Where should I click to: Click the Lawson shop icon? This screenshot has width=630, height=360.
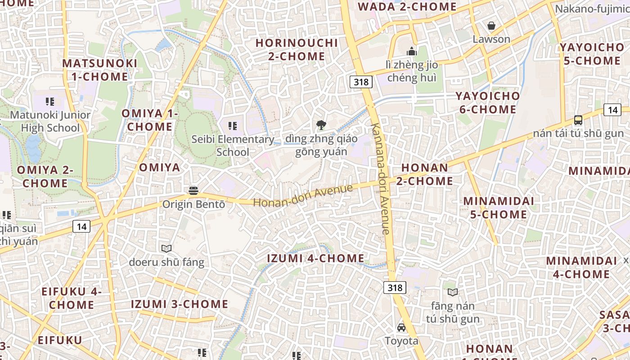point(491,26)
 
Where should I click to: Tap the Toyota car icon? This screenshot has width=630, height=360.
point(401,328)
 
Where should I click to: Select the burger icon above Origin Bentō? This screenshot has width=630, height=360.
point(193,190)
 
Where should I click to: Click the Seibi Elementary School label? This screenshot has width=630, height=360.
point(233,145)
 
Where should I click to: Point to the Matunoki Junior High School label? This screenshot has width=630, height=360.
point(50,121)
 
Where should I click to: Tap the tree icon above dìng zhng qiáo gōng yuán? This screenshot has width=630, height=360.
point(321,125)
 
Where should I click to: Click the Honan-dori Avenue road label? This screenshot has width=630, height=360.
point(303,195)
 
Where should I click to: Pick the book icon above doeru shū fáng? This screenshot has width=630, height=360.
point(166,248)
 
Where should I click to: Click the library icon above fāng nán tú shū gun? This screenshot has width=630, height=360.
point(453,292)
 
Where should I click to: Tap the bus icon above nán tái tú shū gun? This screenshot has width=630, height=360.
point(578,120)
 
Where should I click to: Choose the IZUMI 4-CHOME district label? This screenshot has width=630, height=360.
point(315,258)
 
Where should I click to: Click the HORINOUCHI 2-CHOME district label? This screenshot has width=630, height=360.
point(297,49)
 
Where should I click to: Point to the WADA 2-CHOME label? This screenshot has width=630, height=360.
point(407,7)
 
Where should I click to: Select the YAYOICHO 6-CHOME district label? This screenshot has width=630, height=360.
point(487,103)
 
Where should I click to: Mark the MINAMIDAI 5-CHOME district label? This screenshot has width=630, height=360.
point(499,207)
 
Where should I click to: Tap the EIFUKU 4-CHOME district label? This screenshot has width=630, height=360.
point(72,298)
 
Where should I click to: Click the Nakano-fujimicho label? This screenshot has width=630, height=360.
point(592,9)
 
